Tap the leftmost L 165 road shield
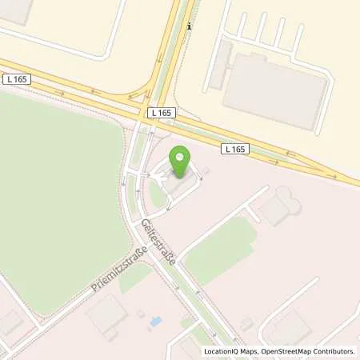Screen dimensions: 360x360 pos(16,78)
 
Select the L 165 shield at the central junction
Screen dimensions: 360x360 pos(161,114)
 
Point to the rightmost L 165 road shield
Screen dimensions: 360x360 pos(234,148)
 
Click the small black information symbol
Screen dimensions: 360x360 pos(189,26)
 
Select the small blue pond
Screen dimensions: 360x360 pos(155,321)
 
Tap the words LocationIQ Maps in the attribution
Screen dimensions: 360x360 pos(232,351)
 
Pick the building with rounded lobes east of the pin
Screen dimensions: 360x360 pos(281,206)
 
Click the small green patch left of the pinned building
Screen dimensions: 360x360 pos(158,193)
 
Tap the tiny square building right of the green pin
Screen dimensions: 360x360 pos(206,170)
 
